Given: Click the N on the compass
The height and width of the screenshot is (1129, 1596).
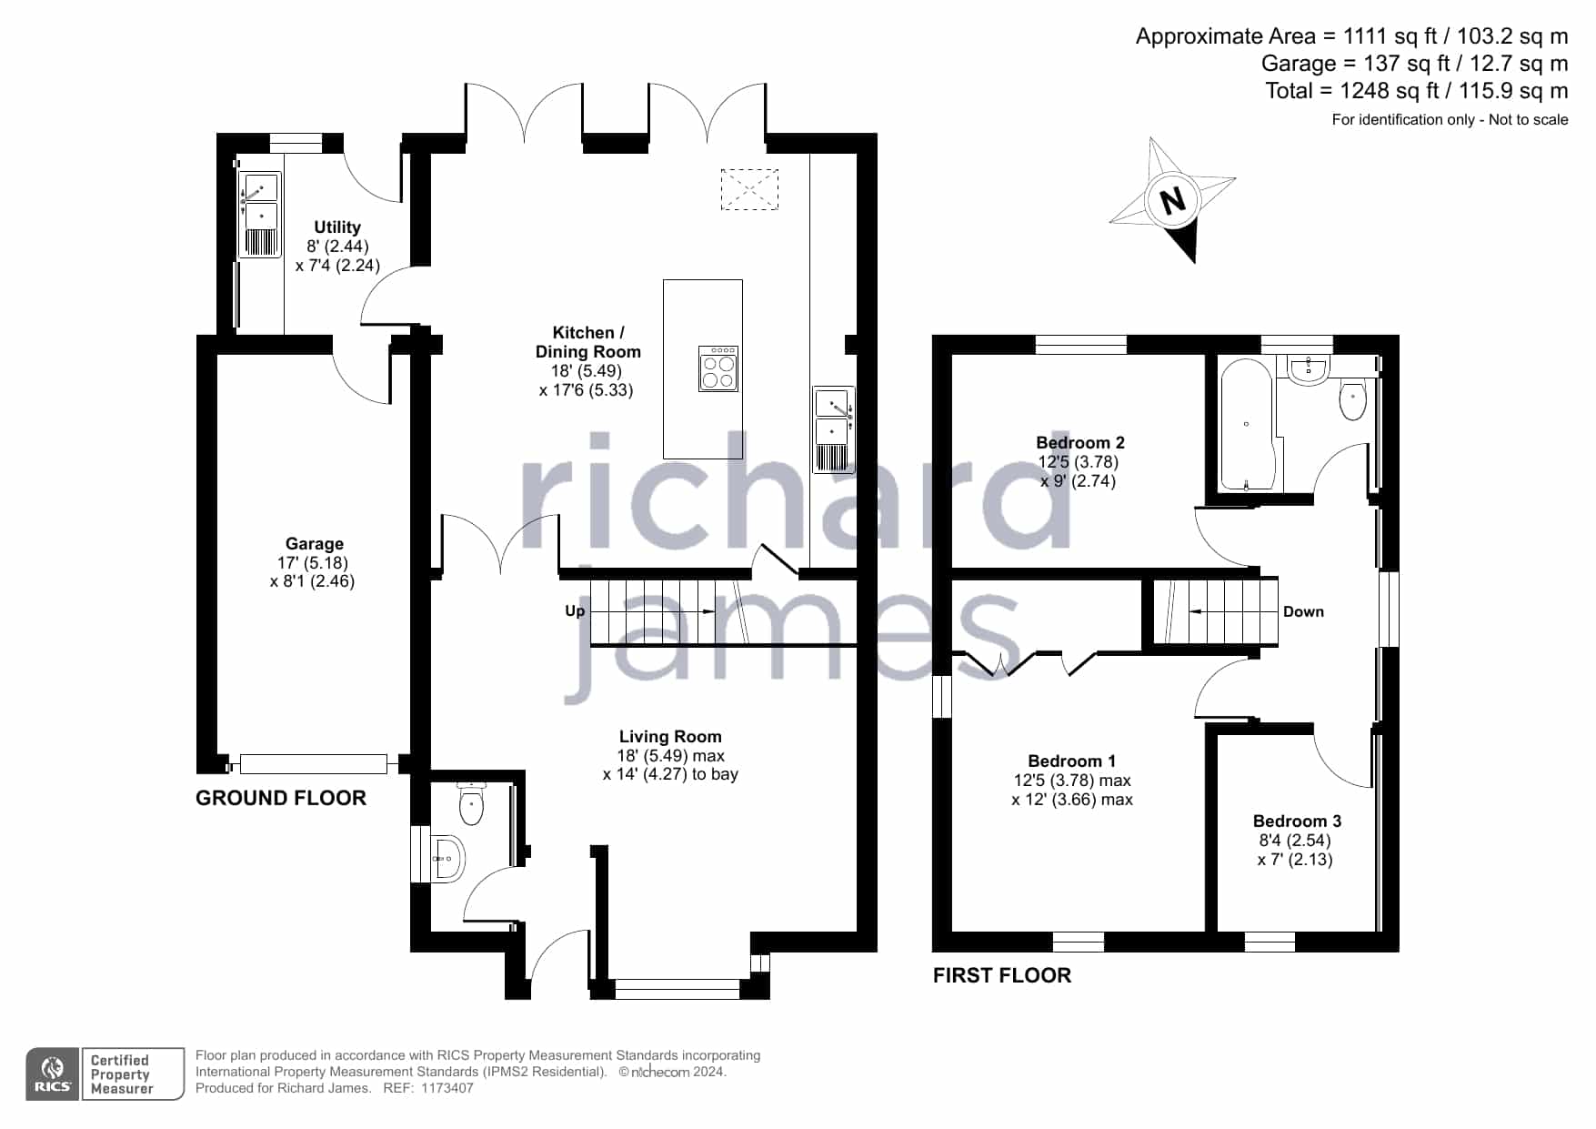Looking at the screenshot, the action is pyautogui.click(x=1173, y=199).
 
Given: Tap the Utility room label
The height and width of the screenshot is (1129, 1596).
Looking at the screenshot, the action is pyautogui.click(x=337, y=227).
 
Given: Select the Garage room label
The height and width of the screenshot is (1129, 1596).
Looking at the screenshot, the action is pyautogui.click(x=315, y=544).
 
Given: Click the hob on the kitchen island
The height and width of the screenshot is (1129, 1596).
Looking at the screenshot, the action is pyautogui.click(x=718, y=368).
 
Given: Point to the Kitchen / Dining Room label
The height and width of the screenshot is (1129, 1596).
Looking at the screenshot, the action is pyautogui.click(x=588, y=342).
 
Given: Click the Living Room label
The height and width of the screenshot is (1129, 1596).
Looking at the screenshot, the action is pyautogui.click(x=670, y=737).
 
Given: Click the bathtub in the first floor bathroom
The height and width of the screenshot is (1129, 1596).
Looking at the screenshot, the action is pyautogui.click(x=1247, y=425).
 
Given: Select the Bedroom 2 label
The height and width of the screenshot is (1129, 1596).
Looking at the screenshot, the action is pyautogui.click(x=1080, y=443).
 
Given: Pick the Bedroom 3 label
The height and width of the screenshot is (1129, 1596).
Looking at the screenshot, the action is pyautogui.click(x=1297, y=822).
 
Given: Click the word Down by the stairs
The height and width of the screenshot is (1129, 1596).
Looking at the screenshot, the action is pyautogui.click(x=1303, y=612).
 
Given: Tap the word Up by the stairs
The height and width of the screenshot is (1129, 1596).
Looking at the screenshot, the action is pyautogui.click(x=575, y=610).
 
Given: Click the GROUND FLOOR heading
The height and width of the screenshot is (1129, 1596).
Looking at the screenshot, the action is pyautogui.click(x=281, y=798).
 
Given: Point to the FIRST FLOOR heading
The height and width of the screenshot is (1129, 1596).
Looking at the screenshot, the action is pyautogui.click(x=1002, y=975).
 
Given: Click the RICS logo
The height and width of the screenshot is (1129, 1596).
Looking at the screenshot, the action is pyautogui.click(x=53, y=1074).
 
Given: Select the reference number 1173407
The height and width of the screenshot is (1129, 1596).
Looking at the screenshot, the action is pyautogui.click(x=448, y=1088).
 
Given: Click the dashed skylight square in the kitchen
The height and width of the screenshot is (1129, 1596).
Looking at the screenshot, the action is pyautogui.click(x=749, y=189).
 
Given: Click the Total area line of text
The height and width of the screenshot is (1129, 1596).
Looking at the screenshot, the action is pyautogui.click(x=1417, y=91).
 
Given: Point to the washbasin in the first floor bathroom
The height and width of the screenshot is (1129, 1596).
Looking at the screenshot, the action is pyautogui.click(x=1309, y=369).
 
